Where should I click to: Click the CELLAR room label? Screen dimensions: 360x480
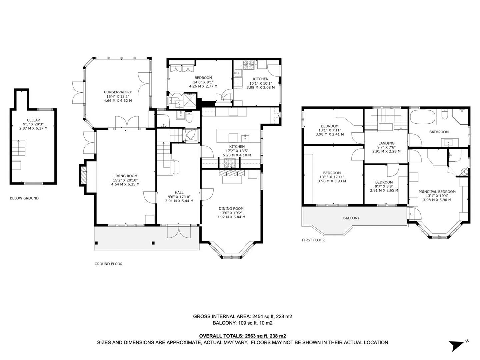click(x=33, y=120)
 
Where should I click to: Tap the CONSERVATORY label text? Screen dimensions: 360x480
click(x=118, y=92)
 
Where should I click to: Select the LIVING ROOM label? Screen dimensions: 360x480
click(x=125, y=176)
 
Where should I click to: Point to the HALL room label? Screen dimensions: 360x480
click(x=179, y=193)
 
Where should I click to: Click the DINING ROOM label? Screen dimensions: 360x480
click(x=231, y=209)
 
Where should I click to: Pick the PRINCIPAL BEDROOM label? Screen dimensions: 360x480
click(x=437, y=192)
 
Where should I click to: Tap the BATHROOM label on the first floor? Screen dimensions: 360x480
click(x=439, y=132)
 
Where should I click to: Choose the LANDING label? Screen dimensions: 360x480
click(x=386, y=143)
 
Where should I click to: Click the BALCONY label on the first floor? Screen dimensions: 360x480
click(x=351, y=218)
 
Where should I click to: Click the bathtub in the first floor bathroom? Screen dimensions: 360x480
click(x=422, y=117)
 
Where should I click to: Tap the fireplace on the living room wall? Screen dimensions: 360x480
click(x=84, y=174)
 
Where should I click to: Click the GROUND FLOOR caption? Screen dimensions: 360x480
click(x=108, y=264)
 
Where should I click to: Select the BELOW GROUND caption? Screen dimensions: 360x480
click(x=24, y=198)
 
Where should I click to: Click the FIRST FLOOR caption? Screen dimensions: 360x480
click(x=313, y=240)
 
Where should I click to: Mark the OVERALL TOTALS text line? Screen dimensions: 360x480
click(x=242, y=336)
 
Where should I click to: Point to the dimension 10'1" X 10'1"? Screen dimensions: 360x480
click(x=260, y=83)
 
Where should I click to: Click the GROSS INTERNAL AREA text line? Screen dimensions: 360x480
click(x=242, y=316)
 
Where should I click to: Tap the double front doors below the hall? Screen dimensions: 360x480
click(x=180, y=232)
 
